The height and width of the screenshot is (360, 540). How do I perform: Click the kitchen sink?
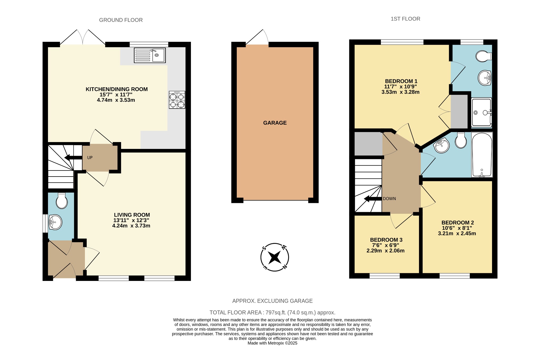(150, 55)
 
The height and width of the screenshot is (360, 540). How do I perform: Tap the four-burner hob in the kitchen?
(177, 100)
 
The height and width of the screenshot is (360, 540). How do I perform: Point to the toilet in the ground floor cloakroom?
(62, 201)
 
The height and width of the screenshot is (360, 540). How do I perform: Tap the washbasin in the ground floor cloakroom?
(55, 222)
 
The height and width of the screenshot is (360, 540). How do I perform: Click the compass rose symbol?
(274, 257)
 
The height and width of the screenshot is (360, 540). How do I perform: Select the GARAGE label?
(275, 123)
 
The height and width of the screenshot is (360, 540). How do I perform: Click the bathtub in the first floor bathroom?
(482, 155)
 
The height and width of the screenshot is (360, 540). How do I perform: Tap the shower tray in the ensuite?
(481, 112)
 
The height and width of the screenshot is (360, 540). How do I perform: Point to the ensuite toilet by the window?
(484, 56)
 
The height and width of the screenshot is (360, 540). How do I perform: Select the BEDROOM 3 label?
(386, 240)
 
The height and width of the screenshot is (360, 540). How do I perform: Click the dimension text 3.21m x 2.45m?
(457, 233)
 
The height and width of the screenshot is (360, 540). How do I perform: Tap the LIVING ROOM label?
(132, 215)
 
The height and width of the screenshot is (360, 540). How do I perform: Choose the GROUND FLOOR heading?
(121, 20)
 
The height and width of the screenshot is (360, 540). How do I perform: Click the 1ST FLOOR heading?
(405, 19)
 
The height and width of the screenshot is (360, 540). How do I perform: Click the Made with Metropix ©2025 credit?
(272, 343)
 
